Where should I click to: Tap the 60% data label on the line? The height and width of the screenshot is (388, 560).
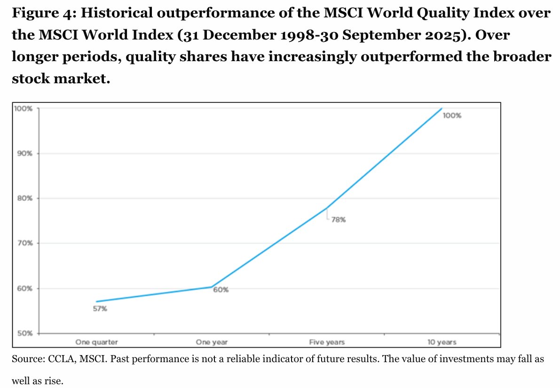[221, 290]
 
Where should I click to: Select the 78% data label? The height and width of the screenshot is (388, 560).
[338, 220]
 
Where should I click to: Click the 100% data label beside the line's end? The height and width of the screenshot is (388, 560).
[452, 116]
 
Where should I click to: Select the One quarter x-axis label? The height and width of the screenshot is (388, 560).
[96, 342]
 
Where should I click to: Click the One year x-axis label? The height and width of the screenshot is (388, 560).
[211, 342]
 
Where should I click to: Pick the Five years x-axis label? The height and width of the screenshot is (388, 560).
[327, 342]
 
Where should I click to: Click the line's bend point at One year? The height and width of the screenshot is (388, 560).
[212, 287]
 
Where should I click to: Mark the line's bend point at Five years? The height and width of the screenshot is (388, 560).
[327, 207]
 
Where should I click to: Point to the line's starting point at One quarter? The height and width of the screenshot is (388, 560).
[96, 301]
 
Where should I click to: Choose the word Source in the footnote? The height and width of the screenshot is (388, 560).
[26, 358]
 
